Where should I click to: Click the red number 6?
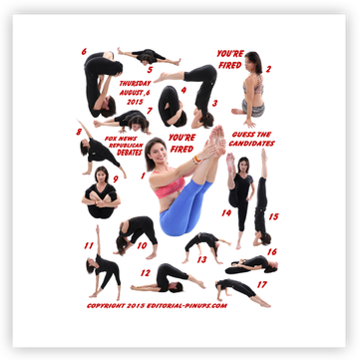pyautogui.click(x=84, y=52)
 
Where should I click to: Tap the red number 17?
pyautogui.click(x=262, y=284)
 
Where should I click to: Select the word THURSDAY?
pyautogui.click(x=136, y=83)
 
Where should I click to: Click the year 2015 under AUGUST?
pyautogui.click(x=135, y=102)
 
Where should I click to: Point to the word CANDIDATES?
pyautogui.click(x=251, y=144)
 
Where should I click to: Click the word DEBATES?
pyautogui.click(x=130, y=153)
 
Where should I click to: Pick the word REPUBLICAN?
pyautogui.click(x=126, y=146)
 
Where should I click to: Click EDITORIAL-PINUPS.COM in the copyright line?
pyautogui.click(x=186, y=306)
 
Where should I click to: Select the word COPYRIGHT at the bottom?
pyautogui.click(x=106, y=306)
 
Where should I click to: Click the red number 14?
pyautogui.click(x=226, y=212)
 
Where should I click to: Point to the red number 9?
pyautogui.click(x=116, y=180)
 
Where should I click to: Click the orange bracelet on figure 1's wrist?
pyautogui.click(x=197, y=160)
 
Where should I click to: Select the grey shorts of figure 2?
pyautogui.click(x=253, y=108)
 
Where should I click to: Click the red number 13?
pyautogui.click(x=201, y=259)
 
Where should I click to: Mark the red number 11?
pyautogui.click(x=89, y=245)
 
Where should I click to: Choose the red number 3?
pyautogui.click(x=214, y=104)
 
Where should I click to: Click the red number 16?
pyautogui.click(x=272, y=252)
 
